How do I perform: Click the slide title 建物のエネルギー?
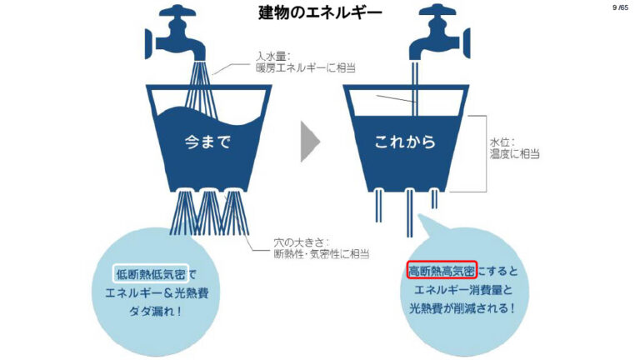(320, 12)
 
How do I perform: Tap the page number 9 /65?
(620, 7)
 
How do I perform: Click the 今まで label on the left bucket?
(207, 142)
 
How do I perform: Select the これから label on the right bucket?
(405, 142)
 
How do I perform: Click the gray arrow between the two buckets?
(310, 141)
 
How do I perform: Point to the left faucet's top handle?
(177, 10)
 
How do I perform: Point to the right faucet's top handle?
(437, 10)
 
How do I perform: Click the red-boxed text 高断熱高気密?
(442, 271)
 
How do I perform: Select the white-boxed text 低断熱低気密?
(151, 274)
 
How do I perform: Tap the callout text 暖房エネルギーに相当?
(306, 67)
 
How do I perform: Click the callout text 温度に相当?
(515, 154)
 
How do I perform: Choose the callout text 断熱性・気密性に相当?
(322, 254)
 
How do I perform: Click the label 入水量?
(272, 57)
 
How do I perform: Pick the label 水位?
(502, 142)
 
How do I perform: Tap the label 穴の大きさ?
(302, 242)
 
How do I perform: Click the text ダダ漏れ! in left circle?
(155, 312)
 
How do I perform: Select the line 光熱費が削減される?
(462, 307)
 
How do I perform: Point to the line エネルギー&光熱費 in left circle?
(157, 293)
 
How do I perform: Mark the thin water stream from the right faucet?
(415, 88)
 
